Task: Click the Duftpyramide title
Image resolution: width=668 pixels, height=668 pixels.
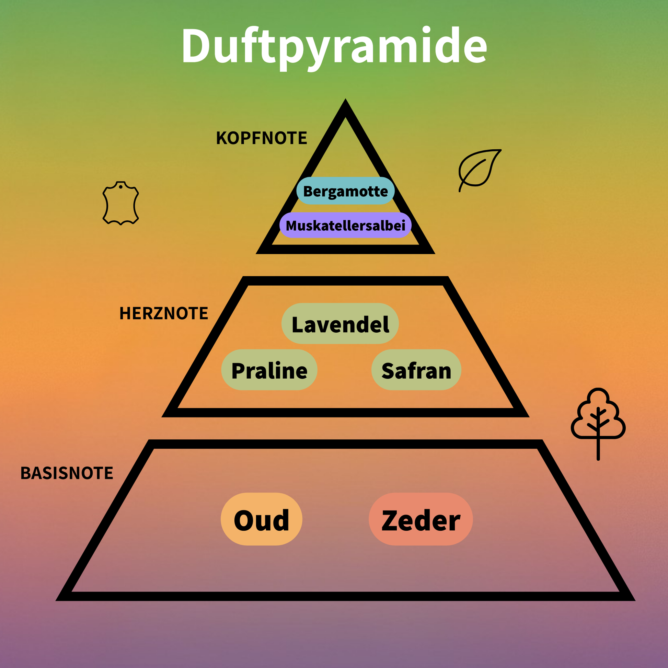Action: pyautogui.click(x=334, y=47)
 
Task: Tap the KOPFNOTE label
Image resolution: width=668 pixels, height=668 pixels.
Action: pyautogui.click(x=261, y=138)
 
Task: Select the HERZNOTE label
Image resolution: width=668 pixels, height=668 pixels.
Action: pyautogui.click(x=163, y=313)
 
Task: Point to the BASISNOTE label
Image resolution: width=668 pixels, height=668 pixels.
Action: pyautogui.click(x=67, y=473)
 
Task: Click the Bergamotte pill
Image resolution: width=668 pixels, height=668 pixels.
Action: pyautogui.click(x=345, y=191)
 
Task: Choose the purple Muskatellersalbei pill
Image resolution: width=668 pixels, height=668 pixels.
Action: pyautogui.click(x=345, y=226)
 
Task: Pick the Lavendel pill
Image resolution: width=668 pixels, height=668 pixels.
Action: pyautogui.click(x=340, y=324)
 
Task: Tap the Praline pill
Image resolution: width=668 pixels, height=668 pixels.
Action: pyautogui.click(x=269, y=370)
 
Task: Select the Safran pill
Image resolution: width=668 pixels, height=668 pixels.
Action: pyautogui.click(x=416, y=370)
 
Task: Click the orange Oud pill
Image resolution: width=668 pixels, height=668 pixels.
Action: pyautogui.click(x=261, y=519)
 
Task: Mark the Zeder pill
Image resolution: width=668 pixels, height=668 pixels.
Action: pyautogui.click(x=421, y=519)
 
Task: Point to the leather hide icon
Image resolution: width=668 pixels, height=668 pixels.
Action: pyautogui.click(x=121, y=203)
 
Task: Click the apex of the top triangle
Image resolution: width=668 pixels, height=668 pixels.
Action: pyautogui.click(x=345, y=104)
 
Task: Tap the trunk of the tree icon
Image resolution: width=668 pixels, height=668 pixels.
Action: pyautogui.click(x=598, y=449)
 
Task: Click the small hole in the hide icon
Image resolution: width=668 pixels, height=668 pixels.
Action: pyautogui.click(x=121, y=187)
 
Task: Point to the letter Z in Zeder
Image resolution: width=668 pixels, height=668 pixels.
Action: pyautogui.click(x=391, y=520)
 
